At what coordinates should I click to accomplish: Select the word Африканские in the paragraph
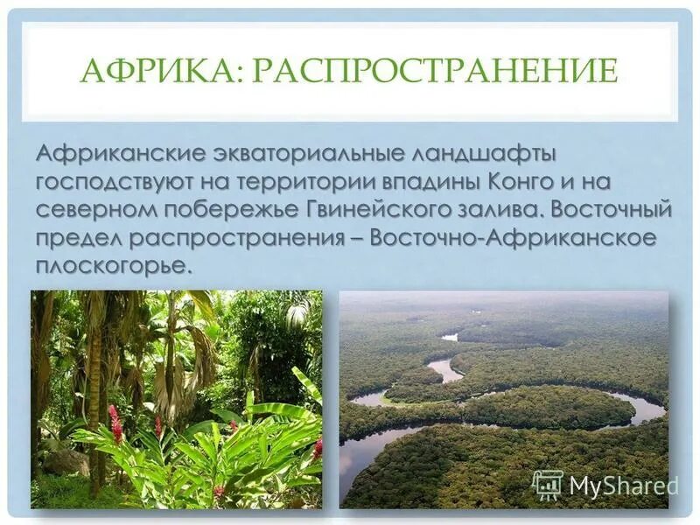(x=118, y=155)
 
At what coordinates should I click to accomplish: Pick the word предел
(x=80, y=239)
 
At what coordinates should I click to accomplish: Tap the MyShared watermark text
(x=623, y=485)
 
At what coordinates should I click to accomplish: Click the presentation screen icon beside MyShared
(x=548, y=485)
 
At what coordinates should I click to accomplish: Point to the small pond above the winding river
(x=450, y=336)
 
